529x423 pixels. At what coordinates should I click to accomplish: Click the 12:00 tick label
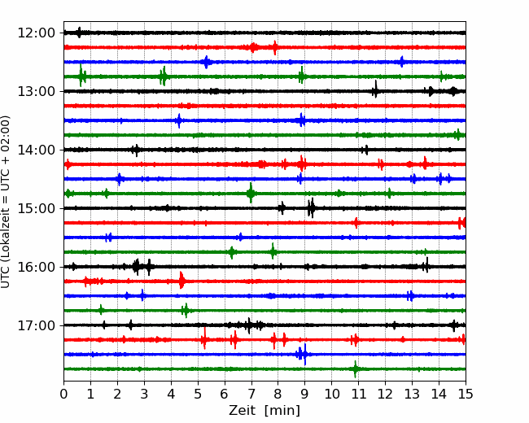[36, 33]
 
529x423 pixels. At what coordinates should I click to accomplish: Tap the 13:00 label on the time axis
[36, 91]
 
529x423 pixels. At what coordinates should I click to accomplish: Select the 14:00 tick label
[36, 150]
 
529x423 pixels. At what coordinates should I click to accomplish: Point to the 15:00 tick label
[36, 208]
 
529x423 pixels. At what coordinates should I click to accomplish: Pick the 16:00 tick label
[36, 267]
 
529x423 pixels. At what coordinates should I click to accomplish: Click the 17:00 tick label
[36, 325]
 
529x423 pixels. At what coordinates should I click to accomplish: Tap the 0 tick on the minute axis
[63, 394]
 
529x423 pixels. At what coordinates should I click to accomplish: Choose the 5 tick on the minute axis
[198, 394]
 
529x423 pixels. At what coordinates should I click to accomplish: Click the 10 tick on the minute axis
[331, 394]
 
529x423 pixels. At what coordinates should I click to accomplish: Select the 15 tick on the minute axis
[466, 394]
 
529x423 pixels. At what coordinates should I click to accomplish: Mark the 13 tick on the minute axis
[412, 394]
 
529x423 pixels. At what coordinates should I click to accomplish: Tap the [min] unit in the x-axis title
[282, 411]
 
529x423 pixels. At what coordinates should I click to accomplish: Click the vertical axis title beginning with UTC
[6, 202]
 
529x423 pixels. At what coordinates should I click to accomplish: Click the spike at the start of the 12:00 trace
[79, 33]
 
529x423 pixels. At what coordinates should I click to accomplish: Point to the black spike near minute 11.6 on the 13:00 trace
[375, 89]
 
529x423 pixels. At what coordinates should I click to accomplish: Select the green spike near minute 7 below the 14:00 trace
[251, 193]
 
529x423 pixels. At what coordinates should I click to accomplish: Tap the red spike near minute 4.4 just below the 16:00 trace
[181, 280]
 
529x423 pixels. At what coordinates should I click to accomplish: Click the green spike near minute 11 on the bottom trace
[355, 369]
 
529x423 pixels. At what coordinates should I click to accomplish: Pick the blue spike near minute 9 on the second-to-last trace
[305, 354]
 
